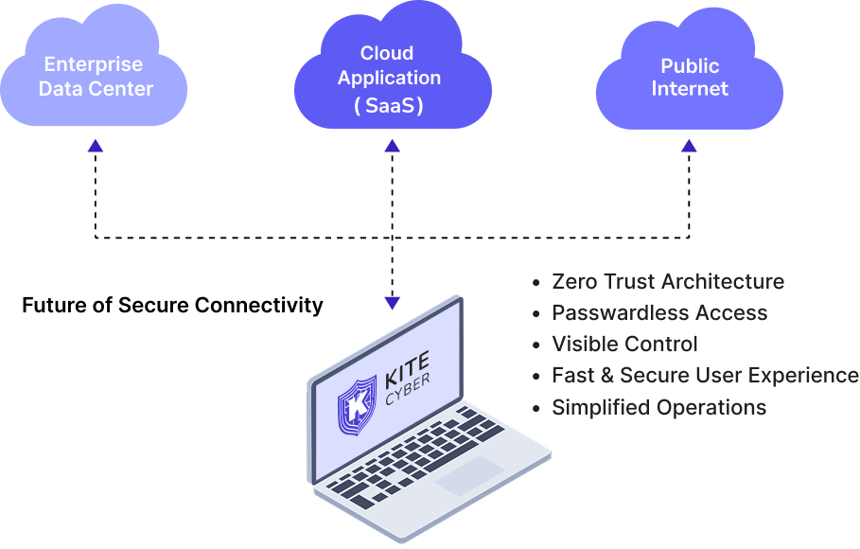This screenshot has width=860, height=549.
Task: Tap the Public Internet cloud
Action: pyautogui.click(x=689, y=76)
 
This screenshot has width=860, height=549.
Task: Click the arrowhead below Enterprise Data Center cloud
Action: pyautogui.click(x=95, y=146)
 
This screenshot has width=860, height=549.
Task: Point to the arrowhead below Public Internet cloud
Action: pyautogui.click(x=689, y=146)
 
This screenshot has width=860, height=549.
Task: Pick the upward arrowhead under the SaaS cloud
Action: pyautogui.click(x=392, y=146)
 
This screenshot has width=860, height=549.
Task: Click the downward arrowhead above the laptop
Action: pyautogui.click(x=392, y=303)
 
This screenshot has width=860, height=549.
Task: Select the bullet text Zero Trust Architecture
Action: pyautogui.click(x=667, y=281)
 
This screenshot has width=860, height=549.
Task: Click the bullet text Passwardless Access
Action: pyautogui.click(x=659, y=312)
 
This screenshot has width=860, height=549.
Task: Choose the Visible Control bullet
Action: pyautogui.click(x=624, y=344)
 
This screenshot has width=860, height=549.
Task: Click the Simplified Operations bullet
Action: pyautogui.click(x=658, y=407)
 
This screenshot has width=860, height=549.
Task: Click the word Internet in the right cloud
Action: pyautogui.click(x=690, y=89)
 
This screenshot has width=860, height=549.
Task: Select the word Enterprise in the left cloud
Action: pyautogui.click(x=94, y=64)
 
